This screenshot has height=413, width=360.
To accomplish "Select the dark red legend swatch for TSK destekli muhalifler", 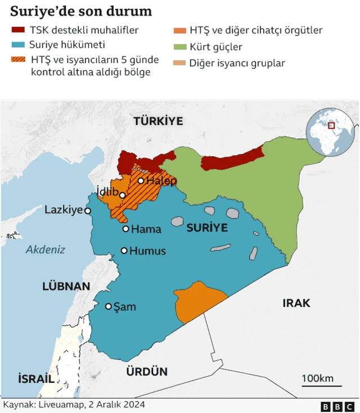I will pos(19,30).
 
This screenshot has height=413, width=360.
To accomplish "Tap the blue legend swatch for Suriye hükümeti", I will pos(19,45).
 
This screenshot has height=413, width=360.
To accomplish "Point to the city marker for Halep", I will pos(141,181).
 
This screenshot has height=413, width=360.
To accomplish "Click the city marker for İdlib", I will pos(122,196).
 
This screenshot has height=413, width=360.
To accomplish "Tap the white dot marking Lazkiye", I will pos(88,211).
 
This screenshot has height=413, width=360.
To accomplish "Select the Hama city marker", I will pos(126,229).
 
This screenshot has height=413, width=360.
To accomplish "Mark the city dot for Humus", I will pos(124,251).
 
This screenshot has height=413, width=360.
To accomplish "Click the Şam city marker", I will pos(109,306).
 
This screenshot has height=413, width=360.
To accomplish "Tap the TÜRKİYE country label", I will pos(158,121).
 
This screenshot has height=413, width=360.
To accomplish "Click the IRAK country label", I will pos(296,303).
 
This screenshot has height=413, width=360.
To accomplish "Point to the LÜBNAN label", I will pos(66,286).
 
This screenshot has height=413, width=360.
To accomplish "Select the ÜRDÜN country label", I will pos(147,371).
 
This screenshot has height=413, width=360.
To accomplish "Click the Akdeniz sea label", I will pos(46,249).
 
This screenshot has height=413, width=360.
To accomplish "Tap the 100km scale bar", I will pos(321,385).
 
